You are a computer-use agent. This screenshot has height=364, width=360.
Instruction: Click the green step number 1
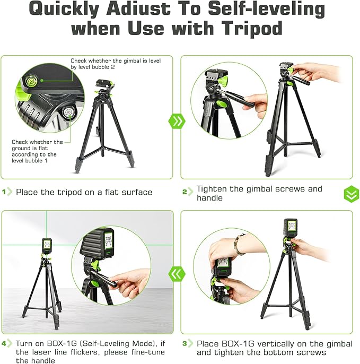pos(6,192)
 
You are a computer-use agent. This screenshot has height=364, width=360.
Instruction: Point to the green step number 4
pos(6,344)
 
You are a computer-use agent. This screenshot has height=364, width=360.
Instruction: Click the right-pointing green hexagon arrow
pos(177,121)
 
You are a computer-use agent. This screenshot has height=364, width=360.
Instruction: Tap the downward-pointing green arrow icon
pos(351,194)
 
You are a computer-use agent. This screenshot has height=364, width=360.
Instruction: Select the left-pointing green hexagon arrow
pos(177,274)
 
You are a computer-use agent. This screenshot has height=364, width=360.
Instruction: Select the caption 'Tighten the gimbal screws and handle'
pos(259,193)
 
